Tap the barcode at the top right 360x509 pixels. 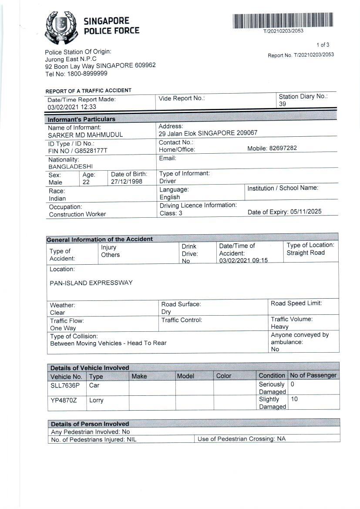coord(283,21)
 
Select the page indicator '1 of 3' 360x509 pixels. coord(323,45)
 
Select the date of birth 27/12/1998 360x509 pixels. coord(127,182)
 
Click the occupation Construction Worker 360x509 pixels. coord(77,214)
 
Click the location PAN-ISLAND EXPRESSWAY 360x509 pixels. coord(91,283)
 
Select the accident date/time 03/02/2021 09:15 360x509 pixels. coord(243,260)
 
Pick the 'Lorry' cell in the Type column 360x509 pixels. coord(96,400)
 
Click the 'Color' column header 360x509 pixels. coord(224,376)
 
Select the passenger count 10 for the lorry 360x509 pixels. coord(294,399)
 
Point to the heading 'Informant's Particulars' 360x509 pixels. coord(81,119)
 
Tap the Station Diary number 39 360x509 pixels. coord(283,104)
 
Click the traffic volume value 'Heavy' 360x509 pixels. coord(279,327)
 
